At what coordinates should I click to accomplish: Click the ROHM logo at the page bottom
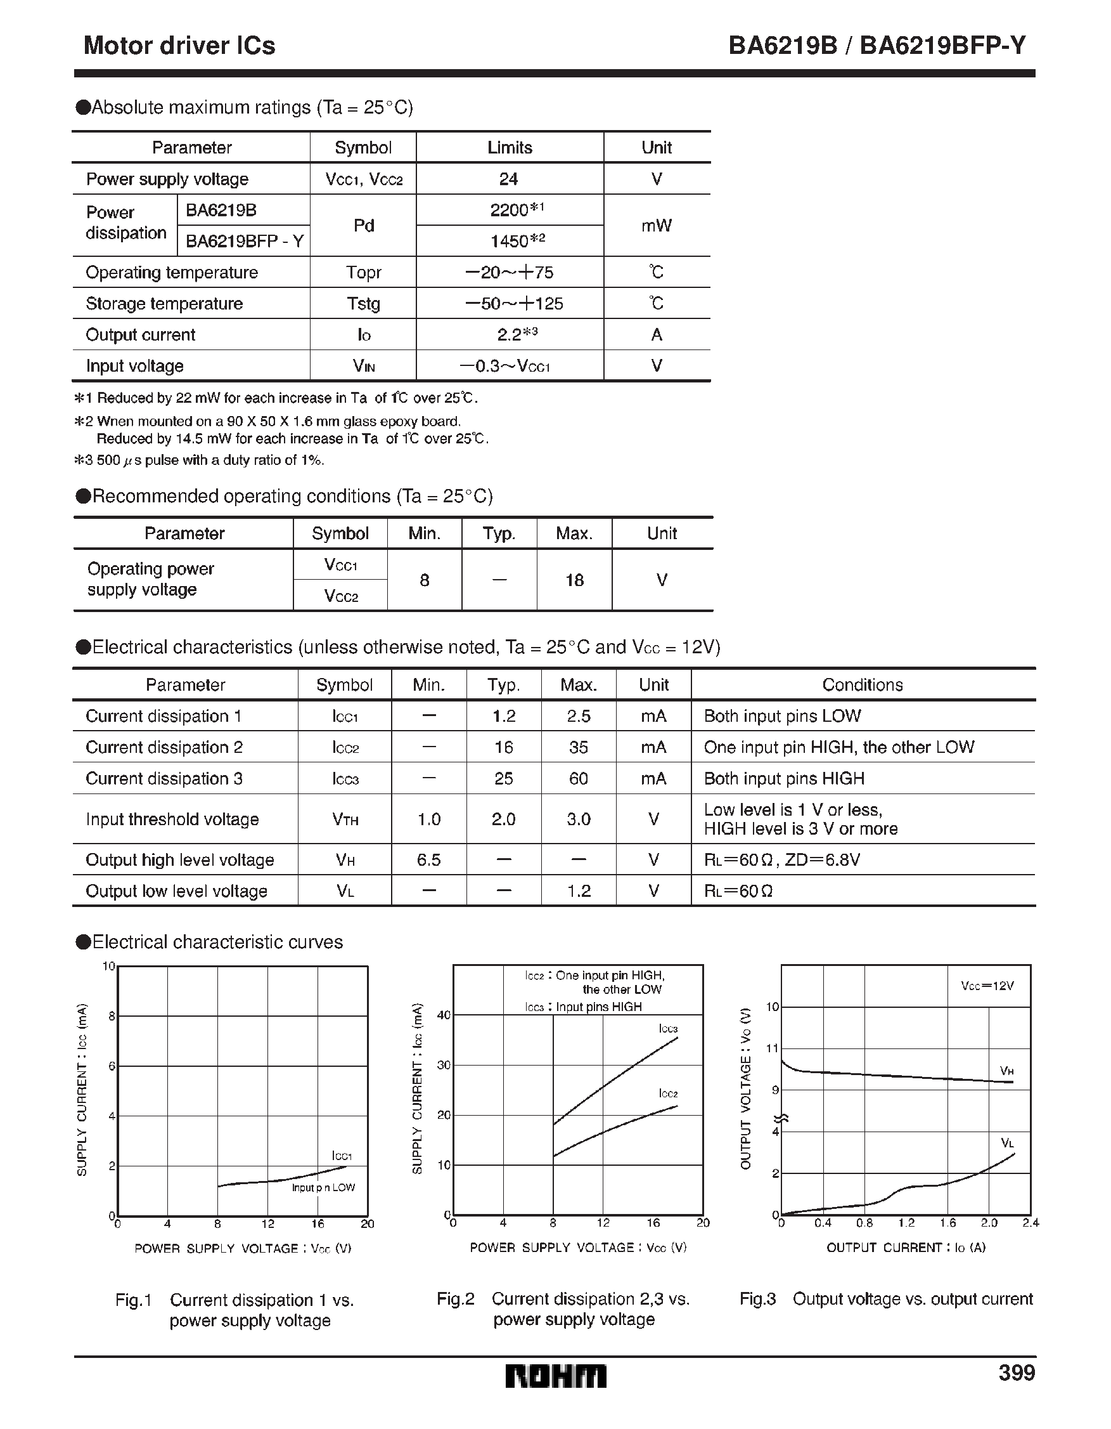point(555,1376)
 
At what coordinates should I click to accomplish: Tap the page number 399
point(1016,1373)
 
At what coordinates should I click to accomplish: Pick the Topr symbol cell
point(364,272)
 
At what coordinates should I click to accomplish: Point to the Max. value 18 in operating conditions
point(574,580)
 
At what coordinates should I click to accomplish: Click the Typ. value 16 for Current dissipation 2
point(503,747)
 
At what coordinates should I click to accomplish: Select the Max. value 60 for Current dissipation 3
point(578,779)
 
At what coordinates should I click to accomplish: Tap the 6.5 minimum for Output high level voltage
point(428,860)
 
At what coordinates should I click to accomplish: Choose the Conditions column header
point(862,685)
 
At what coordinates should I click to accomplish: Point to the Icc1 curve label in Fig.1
point(342,1156)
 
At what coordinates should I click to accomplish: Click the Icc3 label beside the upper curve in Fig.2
point(667,1029)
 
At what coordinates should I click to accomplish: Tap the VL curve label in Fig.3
point(1007,1143)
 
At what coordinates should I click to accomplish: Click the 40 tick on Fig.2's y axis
point(444,1015)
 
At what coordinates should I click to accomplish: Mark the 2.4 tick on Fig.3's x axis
point(1031,1223)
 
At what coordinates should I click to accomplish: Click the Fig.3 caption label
point(757,1299)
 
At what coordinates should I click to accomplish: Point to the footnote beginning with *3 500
point(199,460)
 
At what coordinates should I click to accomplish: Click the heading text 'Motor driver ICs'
point(179,45)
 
